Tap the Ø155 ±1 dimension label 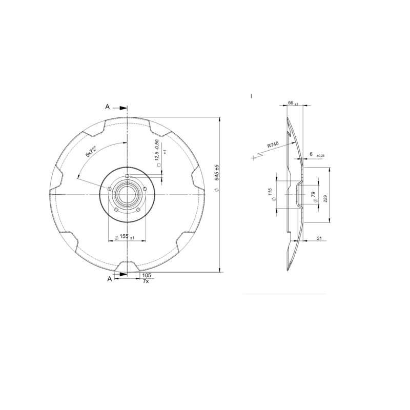point(125,238)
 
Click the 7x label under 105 point(146,281)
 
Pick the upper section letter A point(108,107)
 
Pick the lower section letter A point(109,279)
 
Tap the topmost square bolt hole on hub point(127,176)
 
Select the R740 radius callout point(272,146)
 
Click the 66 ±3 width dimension point(293,103)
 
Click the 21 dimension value point(319,239)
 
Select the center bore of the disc point(127,195)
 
